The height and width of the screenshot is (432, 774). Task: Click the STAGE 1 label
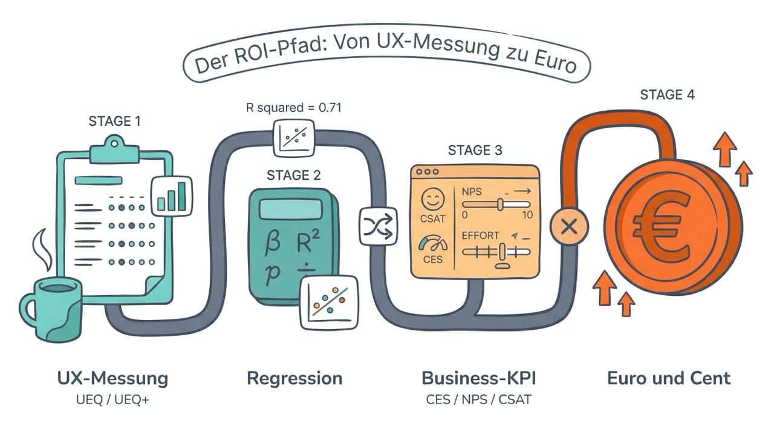tap(114, 121)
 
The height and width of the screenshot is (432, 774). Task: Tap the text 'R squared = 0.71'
tap(293, 109)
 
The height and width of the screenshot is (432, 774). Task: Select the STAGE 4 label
tap(668, 95)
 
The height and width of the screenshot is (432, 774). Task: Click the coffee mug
tap(51, 309)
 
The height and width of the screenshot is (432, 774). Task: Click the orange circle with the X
tap(568, 227)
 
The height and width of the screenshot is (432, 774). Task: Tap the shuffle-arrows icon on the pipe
tap(379, 226)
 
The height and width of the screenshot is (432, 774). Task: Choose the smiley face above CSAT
tap(433, 199)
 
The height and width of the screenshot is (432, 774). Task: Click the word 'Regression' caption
tap(294, 379)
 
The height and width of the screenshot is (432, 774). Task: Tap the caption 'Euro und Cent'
tap(669, 379)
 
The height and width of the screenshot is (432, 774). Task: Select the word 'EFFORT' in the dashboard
tap(480, 236)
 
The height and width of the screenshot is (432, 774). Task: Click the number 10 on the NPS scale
tap(527, 215)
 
